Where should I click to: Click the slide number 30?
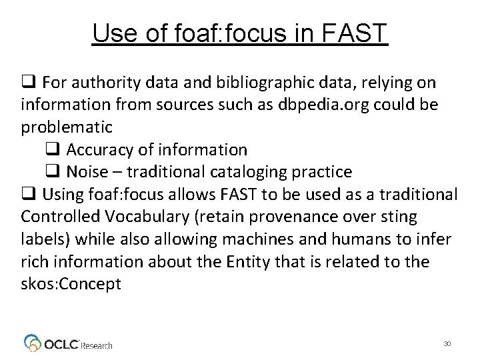click(447, 343)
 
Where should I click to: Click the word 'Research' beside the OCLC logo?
click(97, 345)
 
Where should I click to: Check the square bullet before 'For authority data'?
click(28, 83)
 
